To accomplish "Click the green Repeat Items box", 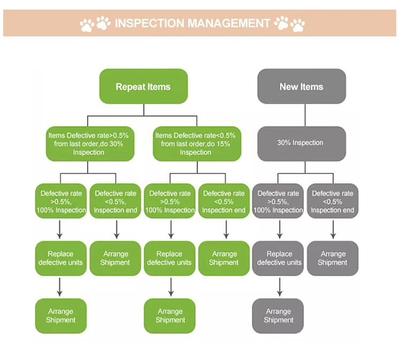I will [143, 86].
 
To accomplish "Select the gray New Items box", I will [302, 86].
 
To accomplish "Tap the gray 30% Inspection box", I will [301, 143].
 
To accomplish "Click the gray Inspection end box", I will [333, 202].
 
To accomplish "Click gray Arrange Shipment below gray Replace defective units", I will [278, 316].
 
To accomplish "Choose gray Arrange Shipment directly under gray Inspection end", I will [332, 258].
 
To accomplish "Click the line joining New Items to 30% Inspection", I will [305, 114].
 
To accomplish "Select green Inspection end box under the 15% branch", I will [224, 202].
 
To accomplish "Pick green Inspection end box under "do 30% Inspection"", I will [116, 202].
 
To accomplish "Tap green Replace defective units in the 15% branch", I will [169, 258].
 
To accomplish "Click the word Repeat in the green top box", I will [129, 87].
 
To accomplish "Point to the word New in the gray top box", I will [288, 87].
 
